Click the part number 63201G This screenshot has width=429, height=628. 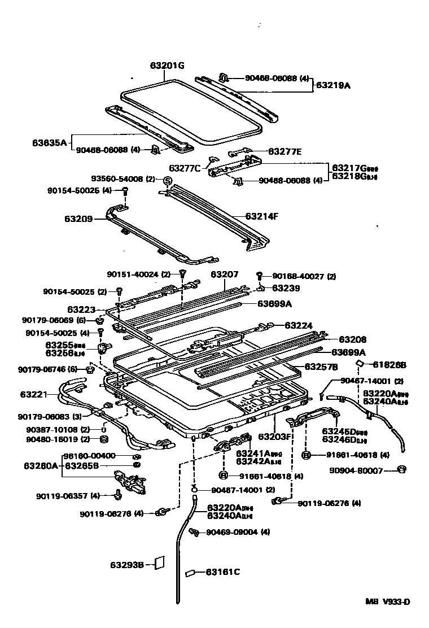click(167, 66)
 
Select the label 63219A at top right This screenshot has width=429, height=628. click(333, 86)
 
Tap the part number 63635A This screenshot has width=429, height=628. click(50, 142)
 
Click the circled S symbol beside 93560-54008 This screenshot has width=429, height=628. click(168, 181)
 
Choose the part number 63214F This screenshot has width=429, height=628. click(262, 216)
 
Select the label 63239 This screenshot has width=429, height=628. click(286, 288)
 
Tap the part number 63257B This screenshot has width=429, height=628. click(321, 367)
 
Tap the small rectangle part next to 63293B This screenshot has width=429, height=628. click(159, 563)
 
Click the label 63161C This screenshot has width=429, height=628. click(222, 572)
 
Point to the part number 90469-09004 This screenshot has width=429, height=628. click(231, 532)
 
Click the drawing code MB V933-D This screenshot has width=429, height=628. click(387, 602)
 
